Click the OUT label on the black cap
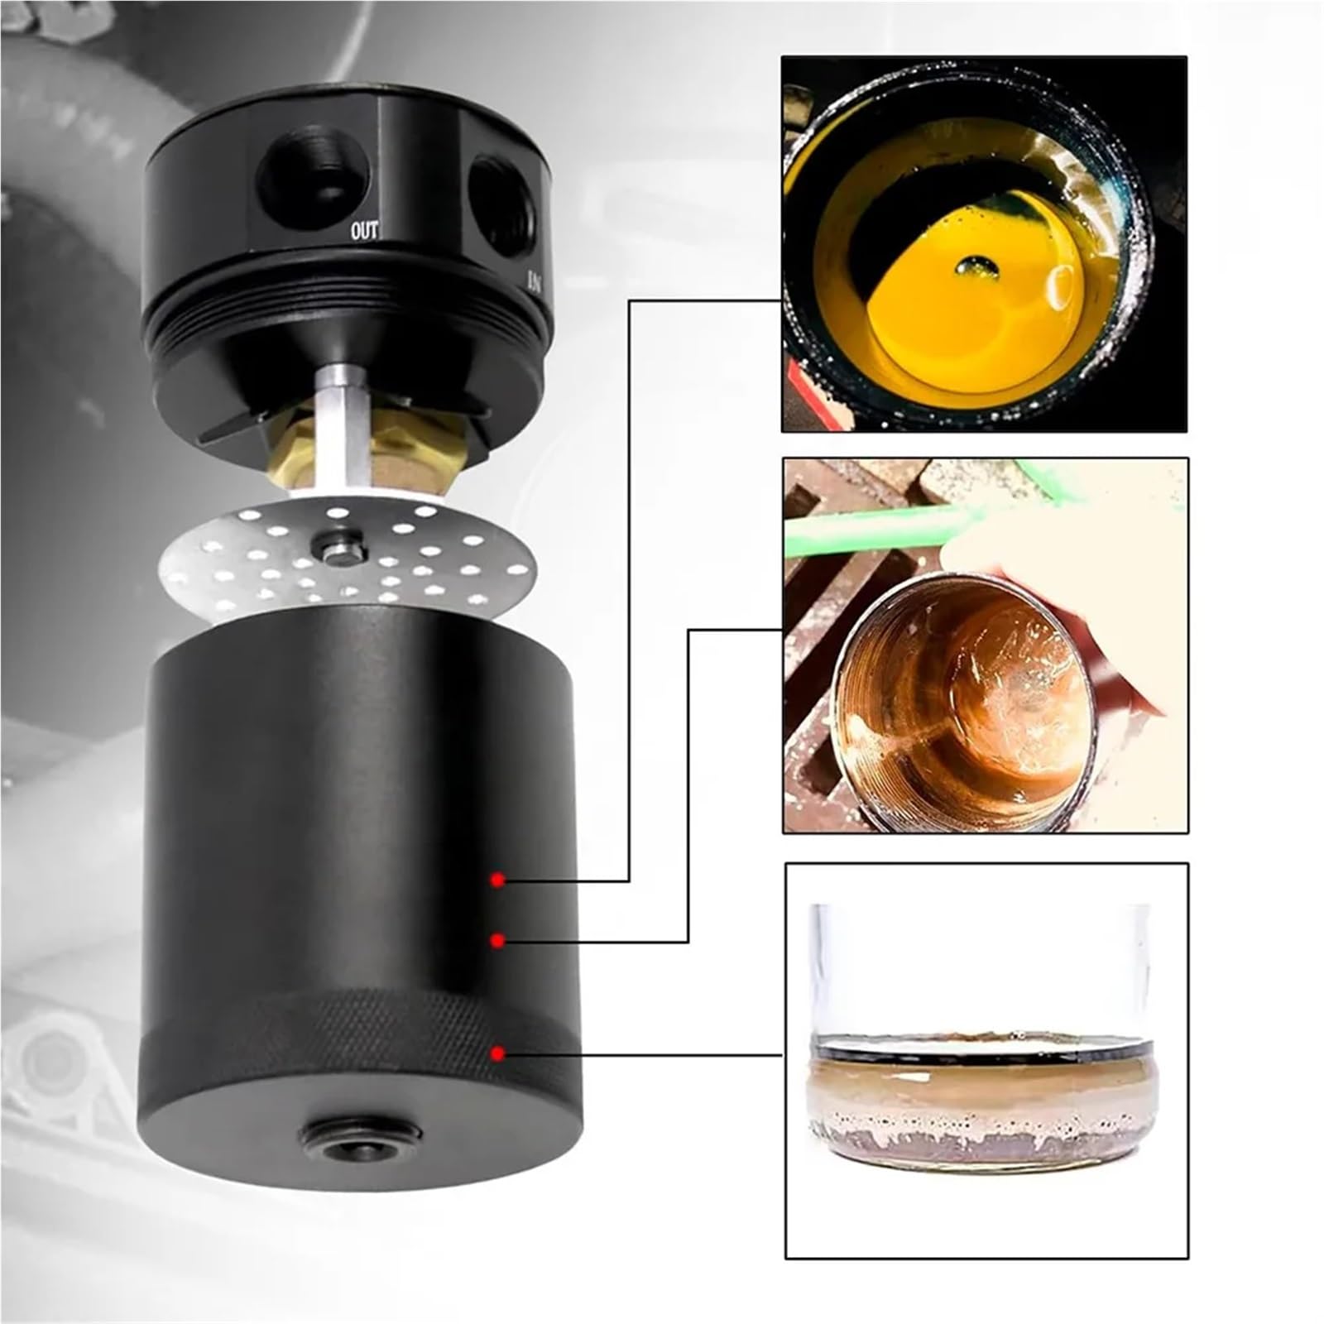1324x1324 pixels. point(364,231)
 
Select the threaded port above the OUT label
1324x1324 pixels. point(312,176)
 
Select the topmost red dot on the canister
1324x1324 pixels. point(497,879)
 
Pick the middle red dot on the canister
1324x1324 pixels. point(497,939)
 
